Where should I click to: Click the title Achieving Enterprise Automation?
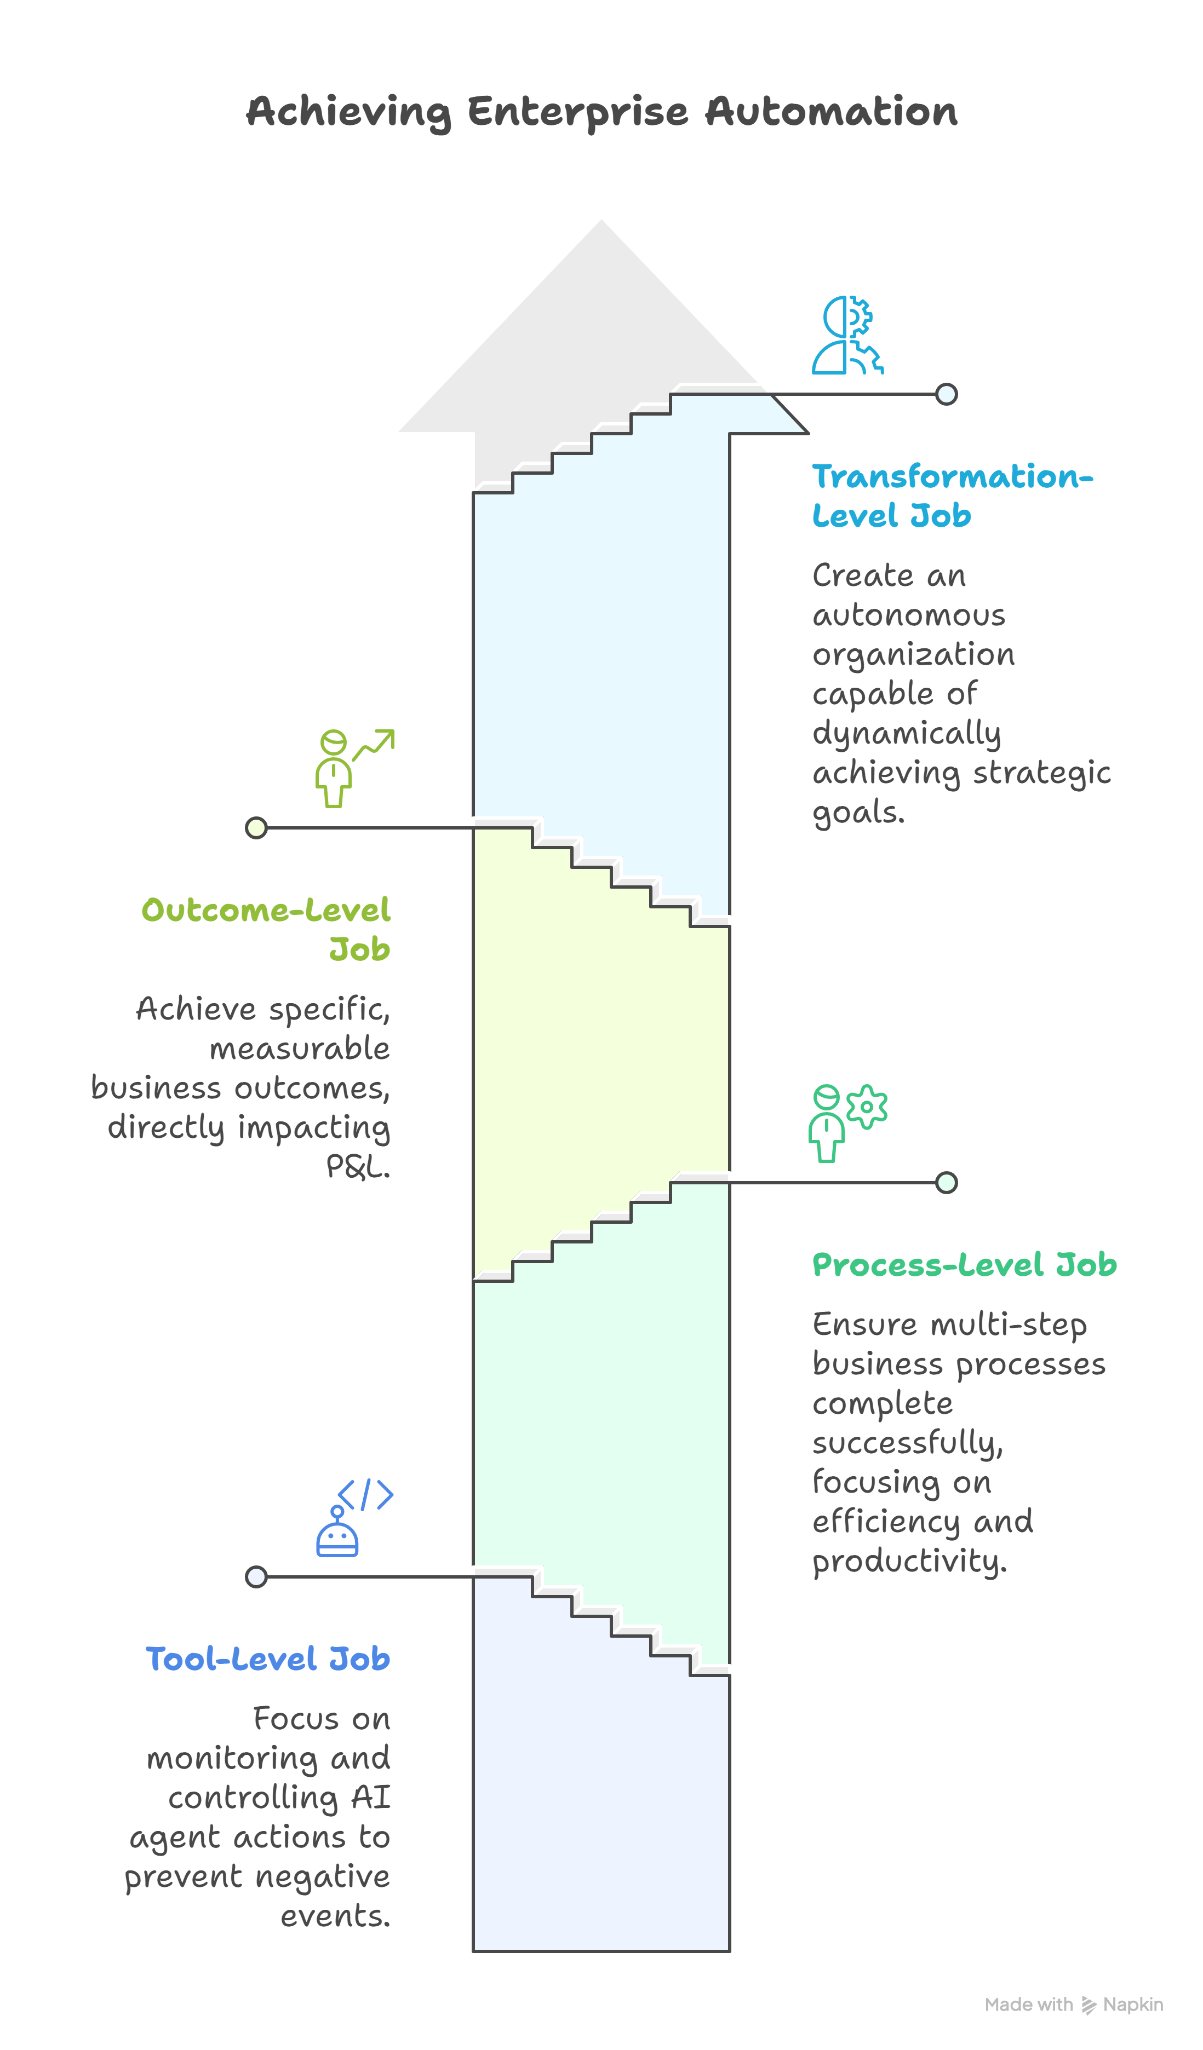pos(601,112)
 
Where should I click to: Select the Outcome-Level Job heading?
pos(266,929)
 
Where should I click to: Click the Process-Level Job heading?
pos(965,1265)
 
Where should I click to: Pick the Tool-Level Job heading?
pos(268,1659)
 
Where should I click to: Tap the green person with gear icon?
pos(846,1122)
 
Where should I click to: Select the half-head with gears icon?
pos(847,335)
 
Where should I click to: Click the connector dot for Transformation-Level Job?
pos(946,395)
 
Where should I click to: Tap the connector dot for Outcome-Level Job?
pos(256,828)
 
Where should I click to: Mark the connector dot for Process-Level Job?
pos(946,1182)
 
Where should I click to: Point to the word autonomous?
pos(908,616)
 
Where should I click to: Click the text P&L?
pos(358,1167)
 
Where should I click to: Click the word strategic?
pos(1042,773)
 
